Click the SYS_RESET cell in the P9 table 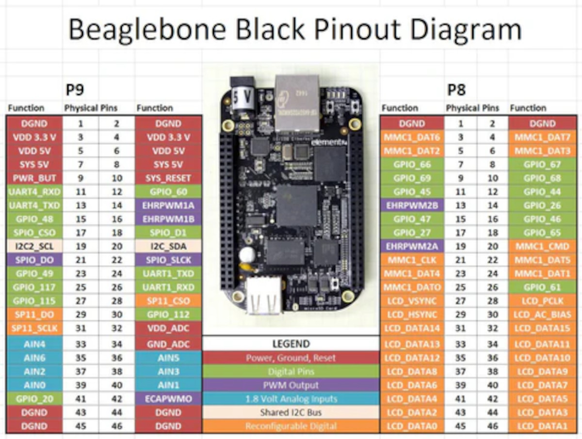point(168,178)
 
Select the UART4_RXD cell point(34,192)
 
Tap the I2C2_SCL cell point(34,246)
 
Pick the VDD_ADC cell point(168,328)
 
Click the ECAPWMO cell point(168,399)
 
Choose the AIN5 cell point(168,358)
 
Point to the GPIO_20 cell point(34,399)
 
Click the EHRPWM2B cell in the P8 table point(412,205)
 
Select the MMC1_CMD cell point(543,246)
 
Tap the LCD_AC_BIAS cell point(543,315)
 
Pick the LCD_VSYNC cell point(412,301)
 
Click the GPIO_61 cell point(543,287)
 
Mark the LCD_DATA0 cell point(412,426)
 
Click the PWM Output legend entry point(291,385)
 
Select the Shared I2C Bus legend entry point(291,412)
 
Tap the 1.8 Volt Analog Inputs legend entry point(291,399)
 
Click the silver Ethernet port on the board point(297,103)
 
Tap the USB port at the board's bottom point(264,297)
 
